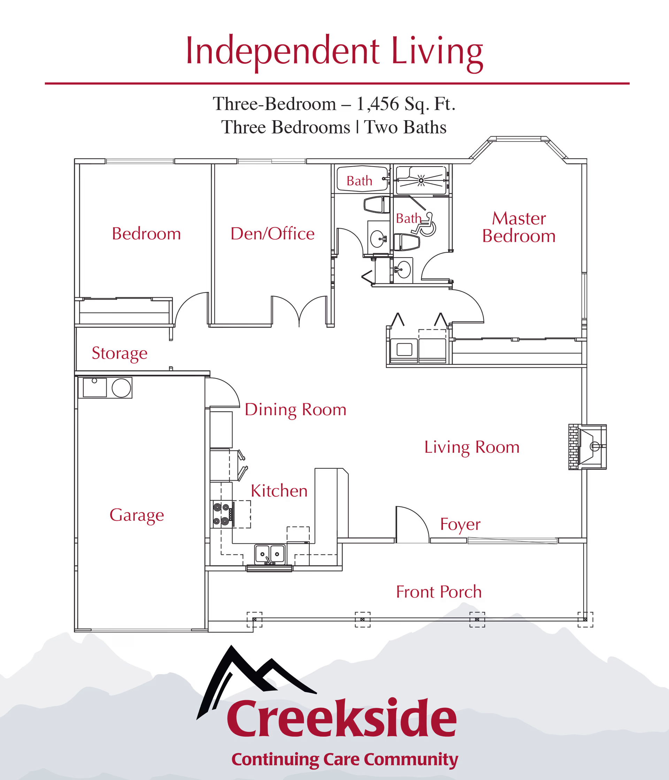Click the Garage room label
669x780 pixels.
[137, 515]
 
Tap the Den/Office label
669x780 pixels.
[272, 234]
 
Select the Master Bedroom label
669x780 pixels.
[518, 227]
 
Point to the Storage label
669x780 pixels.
[120, 353]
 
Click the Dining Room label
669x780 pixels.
[295, 410]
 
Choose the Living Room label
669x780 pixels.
[472, 447]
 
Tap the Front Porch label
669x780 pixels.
[439, 592]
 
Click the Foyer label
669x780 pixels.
[460, 525]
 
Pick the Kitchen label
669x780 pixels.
[279, 491]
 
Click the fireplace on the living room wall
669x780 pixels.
[587, 447]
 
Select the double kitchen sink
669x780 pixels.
[269, 553]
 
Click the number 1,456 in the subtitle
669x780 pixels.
[377, 104]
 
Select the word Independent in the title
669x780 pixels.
[282, 52]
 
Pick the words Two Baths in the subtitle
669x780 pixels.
[406, 127]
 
